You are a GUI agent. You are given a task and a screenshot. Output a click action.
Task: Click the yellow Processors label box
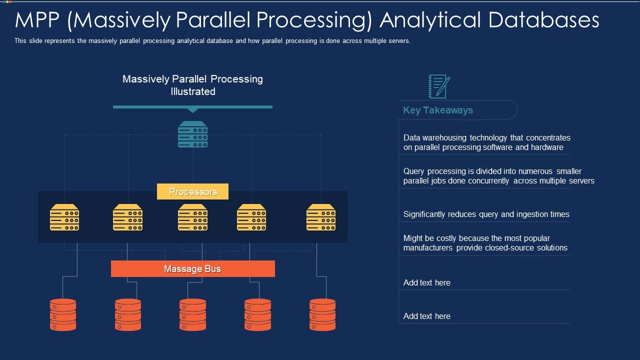(192, 191)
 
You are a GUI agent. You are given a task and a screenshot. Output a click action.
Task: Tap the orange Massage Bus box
(193, 268)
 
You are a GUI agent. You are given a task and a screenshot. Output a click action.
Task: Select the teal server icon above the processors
(193, 134)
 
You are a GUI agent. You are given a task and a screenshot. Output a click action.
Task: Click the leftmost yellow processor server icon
(64, 217)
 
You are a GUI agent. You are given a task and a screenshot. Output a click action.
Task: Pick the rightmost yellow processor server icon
(321, 217)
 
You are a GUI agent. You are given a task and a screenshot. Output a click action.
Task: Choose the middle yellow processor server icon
(193, 217)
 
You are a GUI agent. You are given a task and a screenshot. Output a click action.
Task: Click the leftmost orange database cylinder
(63, 314)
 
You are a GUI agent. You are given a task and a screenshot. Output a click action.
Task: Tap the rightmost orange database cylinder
(322, 314)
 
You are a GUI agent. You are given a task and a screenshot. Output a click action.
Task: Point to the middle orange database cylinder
(193, 314)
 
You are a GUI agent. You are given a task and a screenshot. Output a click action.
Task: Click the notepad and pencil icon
(439, 86)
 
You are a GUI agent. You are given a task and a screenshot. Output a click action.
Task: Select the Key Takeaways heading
(438, 110)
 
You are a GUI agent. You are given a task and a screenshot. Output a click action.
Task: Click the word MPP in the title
(37, 20)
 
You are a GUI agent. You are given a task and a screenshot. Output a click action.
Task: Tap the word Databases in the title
(543, 20)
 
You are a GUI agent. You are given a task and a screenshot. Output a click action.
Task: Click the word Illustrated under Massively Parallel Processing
(193, 91)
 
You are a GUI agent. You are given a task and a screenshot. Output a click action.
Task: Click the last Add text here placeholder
(427, 316)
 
